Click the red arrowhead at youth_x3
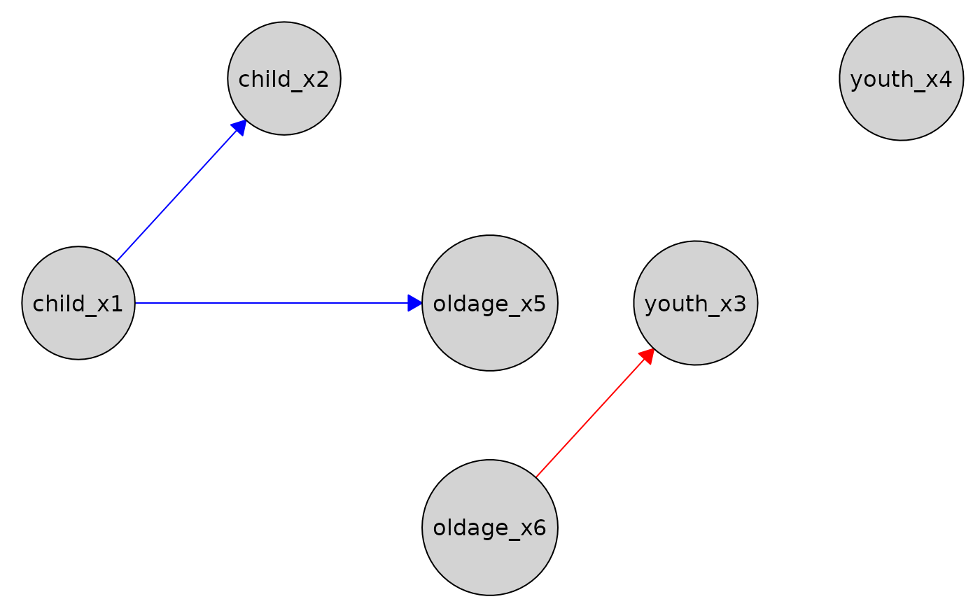point(647,356)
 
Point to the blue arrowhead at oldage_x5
point(415,303)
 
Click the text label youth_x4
point(901,80)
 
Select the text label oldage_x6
point(489,528)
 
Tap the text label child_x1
point(78,304)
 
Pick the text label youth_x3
point(695,304)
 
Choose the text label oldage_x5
point(489,304)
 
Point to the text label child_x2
point(283,79)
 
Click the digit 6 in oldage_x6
point(539,528)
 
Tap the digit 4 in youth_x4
point(945,80)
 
